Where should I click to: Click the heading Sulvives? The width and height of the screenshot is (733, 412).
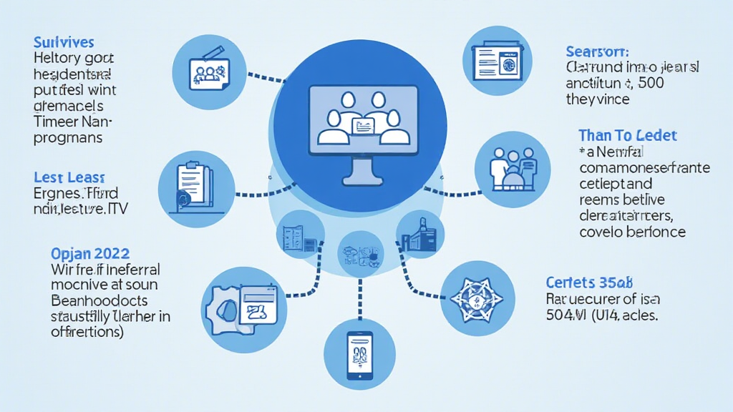(64, 43)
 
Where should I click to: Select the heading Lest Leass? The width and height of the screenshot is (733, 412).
(69, 177)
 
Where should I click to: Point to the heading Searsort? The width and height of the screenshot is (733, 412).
(597, 51)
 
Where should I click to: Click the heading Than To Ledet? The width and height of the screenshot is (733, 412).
(627, 135)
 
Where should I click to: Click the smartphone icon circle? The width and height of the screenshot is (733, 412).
(359, 354)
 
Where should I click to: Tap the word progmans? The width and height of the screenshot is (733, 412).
(68, 137)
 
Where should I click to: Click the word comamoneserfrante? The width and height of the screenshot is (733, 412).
(644, 168)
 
